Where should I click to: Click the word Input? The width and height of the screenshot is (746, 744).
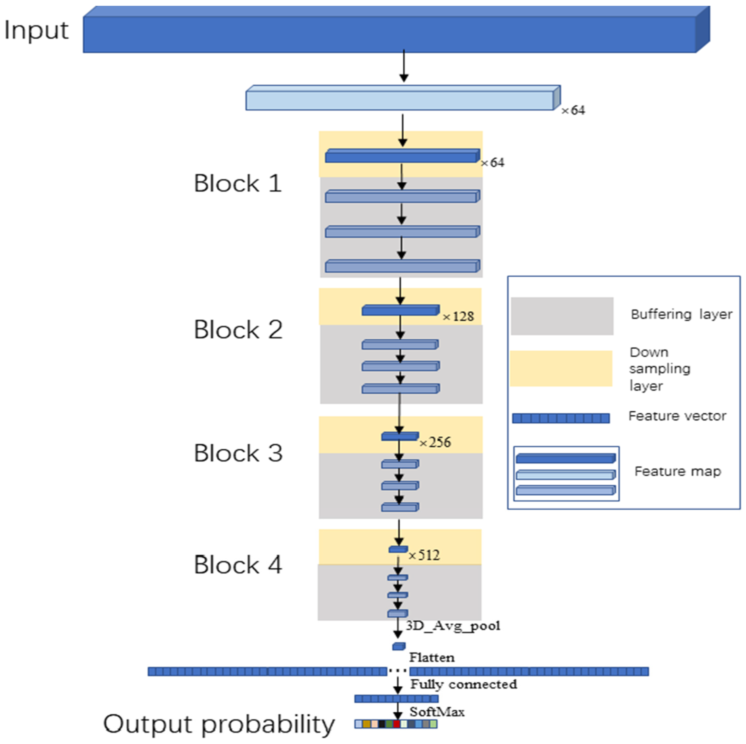coord(36,30)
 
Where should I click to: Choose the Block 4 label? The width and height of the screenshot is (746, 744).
coord(238,565)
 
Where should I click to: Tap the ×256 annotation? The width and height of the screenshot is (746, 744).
coord(435,442)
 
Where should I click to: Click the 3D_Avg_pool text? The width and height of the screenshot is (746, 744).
coord(453,625)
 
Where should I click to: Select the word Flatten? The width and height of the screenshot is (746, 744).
coord(432,657)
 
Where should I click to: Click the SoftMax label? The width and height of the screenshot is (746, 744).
coord(437,712)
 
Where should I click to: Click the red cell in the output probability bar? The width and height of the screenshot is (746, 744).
coord(397,723)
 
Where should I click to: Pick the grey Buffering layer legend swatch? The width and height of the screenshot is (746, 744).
coord(562,316)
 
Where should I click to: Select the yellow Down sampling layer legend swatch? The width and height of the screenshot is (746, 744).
coord(561,368)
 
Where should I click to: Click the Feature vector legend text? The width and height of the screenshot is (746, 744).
coord(677,416)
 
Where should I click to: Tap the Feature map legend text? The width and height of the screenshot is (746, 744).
coord(678,471)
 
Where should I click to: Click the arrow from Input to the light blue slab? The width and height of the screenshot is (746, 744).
coord(404,66)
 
